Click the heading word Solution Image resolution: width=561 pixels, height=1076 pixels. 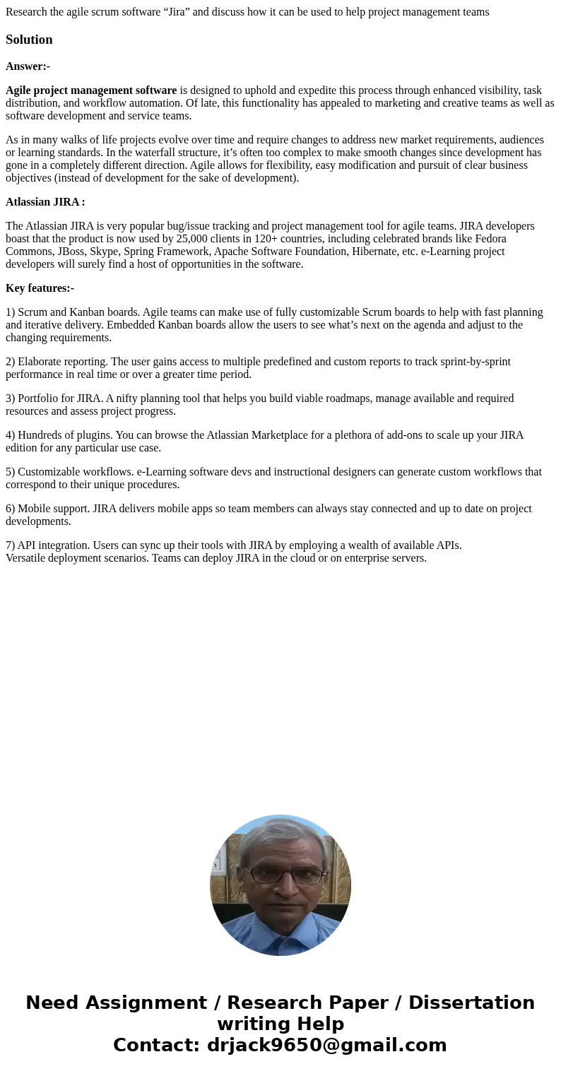(x=29, y=40)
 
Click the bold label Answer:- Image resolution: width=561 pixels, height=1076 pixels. (x=28, y=66)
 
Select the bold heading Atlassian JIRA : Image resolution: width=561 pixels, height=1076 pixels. (x=45, y=202)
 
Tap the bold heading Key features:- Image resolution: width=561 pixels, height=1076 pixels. (x=40, y=288)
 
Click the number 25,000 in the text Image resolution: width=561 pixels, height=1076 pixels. (x=192, y=239)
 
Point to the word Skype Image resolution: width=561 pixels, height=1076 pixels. (x=104, y=252)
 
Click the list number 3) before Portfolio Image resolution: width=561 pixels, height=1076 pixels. (x=11, y=398)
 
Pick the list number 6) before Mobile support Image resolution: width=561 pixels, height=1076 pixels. (x=11, y=509)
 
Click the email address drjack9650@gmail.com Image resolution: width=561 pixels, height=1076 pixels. (x=326, y=1046)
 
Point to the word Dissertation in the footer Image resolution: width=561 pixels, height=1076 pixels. (x=471, y=1003)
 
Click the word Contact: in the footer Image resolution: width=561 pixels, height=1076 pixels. (x=157, y=1046)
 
